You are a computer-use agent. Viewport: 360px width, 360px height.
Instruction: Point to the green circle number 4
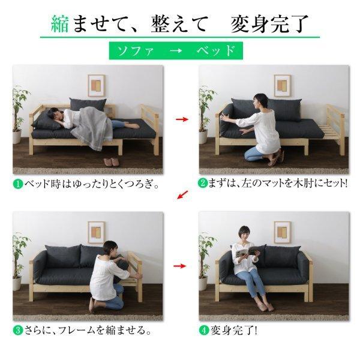pyautogui.click(x=204, y=330)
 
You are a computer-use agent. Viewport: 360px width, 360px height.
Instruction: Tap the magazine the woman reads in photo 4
pyautogui.click(x=244, y=253)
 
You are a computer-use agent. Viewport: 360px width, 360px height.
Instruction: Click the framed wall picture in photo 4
pyautogui.click(x=281, y=232)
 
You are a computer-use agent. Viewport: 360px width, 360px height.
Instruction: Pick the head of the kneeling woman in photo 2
pyautogui.click(x=259, y=101)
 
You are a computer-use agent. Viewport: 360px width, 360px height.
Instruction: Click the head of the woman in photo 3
pyautogui.click(x=109, y=249)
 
